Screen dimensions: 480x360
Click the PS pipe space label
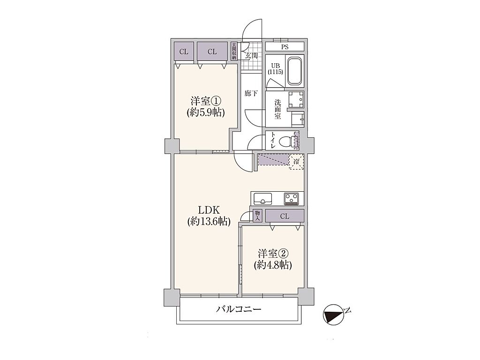285,47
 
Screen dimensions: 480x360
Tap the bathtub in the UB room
294,71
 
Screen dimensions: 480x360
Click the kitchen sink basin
263,199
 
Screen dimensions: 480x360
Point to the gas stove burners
292,198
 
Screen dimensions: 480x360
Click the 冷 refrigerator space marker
296,162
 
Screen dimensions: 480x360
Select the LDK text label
209,210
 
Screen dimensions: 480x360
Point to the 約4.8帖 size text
273,264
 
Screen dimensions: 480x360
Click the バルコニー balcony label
239,309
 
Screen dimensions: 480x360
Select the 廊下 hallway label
251,94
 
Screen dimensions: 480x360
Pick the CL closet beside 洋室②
285,216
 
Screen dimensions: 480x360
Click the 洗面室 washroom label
277,109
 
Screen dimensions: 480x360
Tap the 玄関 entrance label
251,56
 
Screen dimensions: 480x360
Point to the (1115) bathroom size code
275,72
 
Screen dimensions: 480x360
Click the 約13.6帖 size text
209,221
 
